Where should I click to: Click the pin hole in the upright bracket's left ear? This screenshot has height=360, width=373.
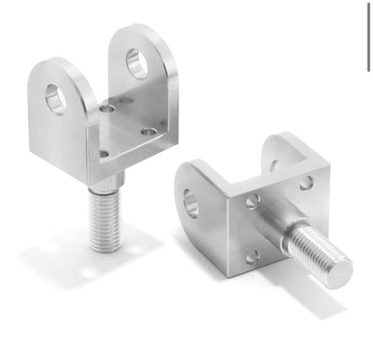[56, 98]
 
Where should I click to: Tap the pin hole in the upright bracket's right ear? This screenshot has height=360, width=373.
[136, 63]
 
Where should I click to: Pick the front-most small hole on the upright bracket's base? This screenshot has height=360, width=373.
[104, 154]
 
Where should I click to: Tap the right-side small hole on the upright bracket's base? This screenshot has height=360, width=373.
[147, 133]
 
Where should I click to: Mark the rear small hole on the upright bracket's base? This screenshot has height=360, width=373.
[108, 108]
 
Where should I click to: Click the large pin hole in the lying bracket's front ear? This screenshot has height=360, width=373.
[192, 202]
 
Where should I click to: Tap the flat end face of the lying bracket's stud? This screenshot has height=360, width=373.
[340, 270]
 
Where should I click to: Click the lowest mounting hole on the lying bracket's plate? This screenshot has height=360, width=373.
[253, 256]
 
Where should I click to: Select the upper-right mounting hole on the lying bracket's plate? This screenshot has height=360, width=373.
[307, 183]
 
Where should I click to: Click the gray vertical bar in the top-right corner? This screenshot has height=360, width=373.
[368, 36]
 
